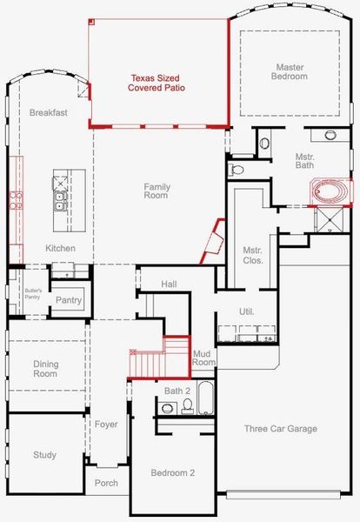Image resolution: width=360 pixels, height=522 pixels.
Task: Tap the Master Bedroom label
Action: click(291, 71)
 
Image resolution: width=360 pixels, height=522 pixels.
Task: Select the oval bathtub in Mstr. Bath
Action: click(329, 191)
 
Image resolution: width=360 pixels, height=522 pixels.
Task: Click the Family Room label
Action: click(157, 191)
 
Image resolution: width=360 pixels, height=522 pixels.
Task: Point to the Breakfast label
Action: click(47, 113)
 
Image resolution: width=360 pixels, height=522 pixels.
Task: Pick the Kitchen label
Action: click(61, 249)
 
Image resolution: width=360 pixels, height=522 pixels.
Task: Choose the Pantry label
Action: click(69, 301)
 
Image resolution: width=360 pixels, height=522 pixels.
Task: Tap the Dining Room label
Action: click(45, 369)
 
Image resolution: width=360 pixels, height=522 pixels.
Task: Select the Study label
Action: click(45, 455)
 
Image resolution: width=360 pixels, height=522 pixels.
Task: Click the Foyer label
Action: click(106, 425)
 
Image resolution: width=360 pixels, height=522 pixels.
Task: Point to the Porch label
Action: click(106, 483)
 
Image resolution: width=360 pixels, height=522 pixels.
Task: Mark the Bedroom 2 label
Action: click(174, 472)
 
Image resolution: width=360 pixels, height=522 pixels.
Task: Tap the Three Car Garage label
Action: click(280, 428)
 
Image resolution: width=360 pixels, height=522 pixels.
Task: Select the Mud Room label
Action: click(203, 357)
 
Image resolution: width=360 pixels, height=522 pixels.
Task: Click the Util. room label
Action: click(247, 311)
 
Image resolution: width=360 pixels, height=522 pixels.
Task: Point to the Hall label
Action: click(169, 284)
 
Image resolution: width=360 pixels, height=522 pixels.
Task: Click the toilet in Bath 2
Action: click(168, 408)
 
